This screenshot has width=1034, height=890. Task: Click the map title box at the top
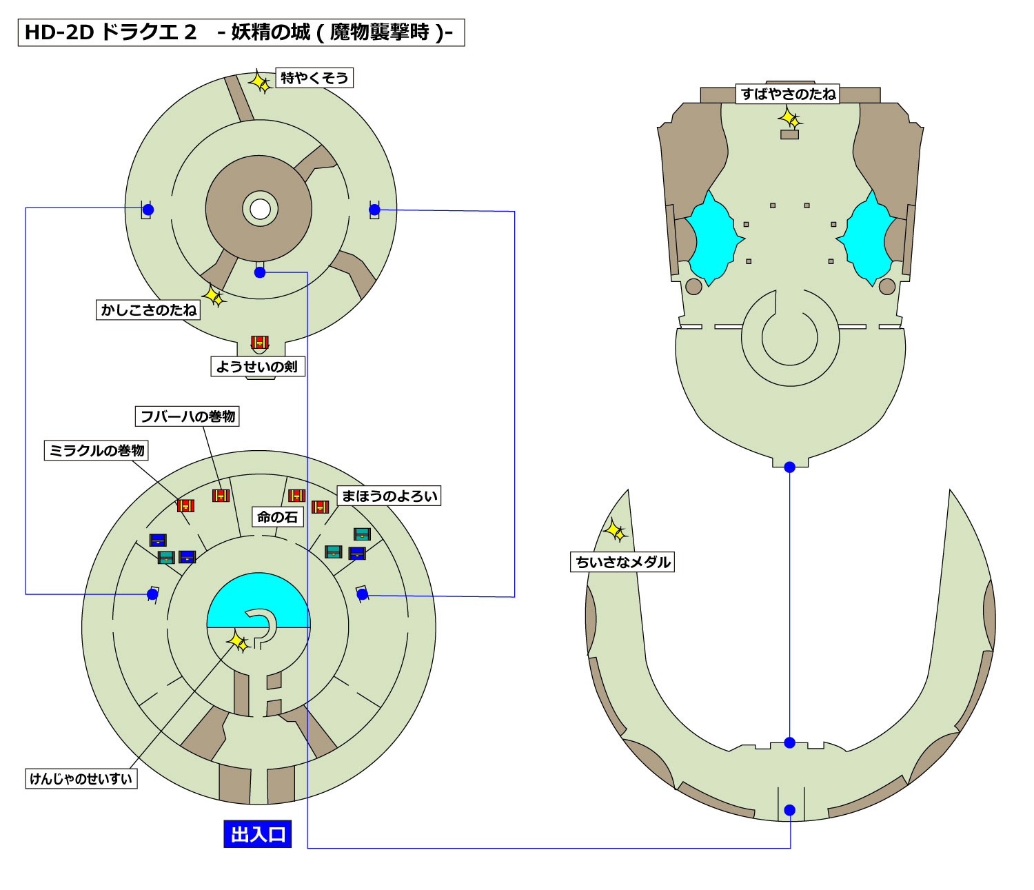[x=241, y=32]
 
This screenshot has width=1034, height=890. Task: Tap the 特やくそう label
[x=314, y=78]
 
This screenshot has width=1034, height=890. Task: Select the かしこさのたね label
[x=148, y=310]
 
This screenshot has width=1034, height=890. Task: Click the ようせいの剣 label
[x=257, y=367]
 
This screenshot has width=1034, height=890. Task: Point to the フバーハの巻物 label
[x=187, y=416]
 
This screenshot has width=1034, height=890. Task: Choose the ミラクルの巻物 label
[x=97, y=451]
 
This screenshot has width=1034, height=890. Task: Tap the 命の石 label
[x=277, y=517]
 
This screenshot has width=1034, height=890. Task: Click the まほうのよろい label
[x=389, y=496]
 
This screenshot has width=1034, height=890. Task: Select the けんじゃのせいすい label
[x=81, y=779]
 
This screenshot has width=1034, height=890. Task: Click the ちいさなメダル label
[x=622, y=562]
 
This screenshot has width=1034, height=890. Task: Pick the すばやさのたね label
[x=788, y=94]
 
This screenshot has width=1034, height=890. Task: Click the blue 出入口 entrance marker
[x=258, y=834]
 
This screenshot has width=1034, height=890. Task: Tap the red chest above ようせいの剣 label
[x=259, y=343]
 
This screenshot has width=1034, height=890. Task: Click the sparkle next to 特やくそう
[x=260, y=82]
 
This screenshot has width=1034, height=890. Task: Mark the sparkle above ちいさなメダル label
[x=615, y=531]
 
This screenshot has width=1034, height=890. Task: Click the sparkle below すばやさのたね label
[x=790, y=119]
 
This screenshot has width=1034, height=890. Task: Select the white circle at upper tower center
[x=260, y=209]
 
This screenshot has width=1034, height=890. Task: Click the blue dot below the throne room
[x=790, y=467]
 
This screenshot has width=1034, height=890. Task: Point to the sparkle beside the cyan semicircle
[x=239, y=642]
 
